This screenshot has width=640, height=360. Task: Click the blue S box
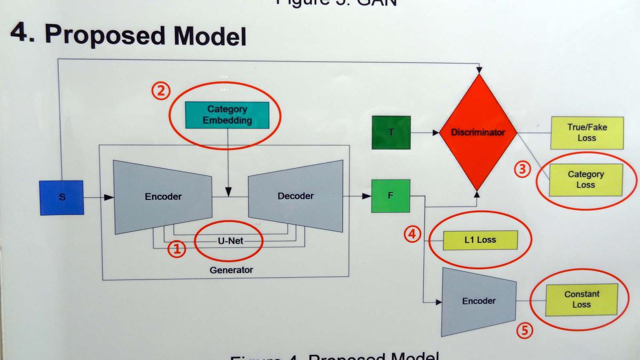[x=62, y=197]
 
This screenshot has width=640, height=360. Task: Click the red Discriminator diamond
[x=477, y=132]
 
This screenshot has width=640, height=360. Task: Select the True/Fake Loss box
[x=586, y=133]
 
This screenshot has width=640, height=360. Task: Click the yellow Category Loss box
[x=586, y=180]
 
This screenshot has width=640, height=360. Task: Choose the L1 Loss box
[x=480, y=240]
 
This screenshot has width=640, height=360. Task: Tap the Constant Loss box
[x=581, y=299]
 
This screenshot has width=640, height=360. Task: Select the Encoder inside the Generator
[x=163, y=197]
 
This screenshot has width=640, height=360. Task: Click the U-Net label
[x=230, y=241]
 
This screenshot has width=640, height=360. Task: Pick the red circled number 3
[x=523, y=170]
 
